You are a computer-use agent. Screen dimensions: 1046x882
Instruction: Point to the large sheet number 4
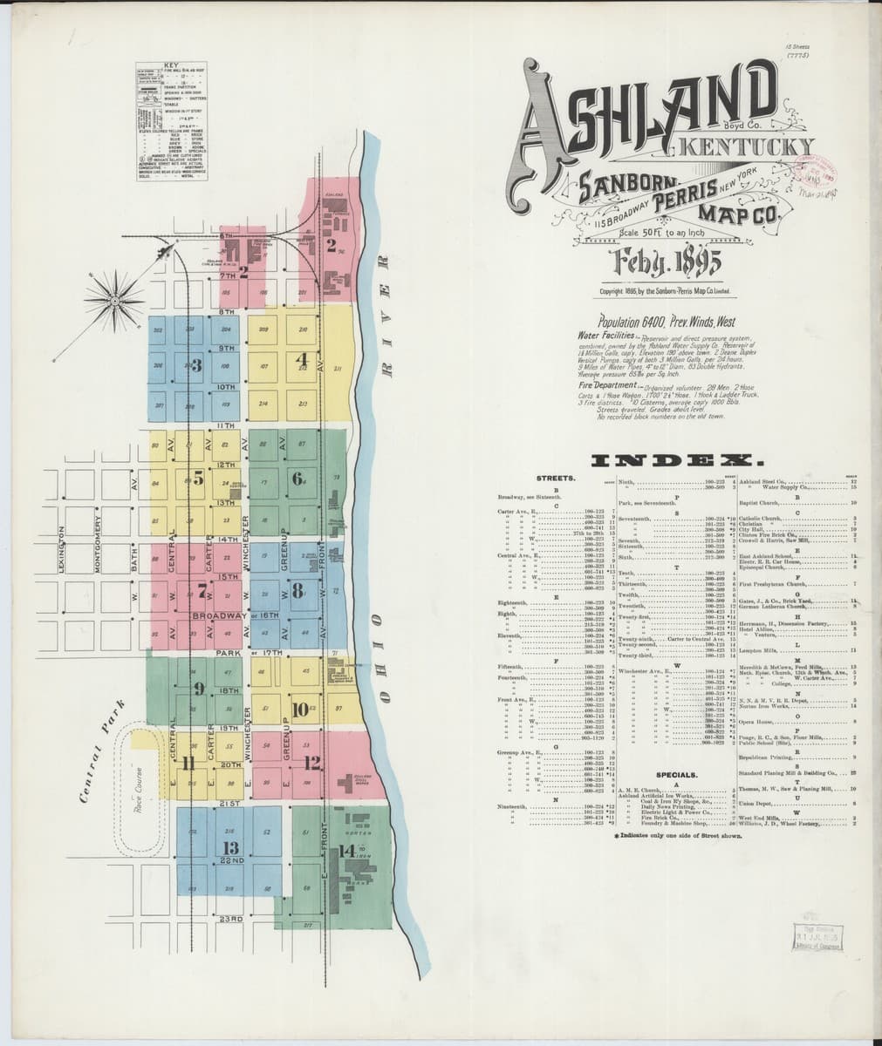click(x=303, y=358)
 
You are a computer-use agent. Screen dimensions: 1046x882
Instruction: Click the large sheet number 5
click(x=198, y=478)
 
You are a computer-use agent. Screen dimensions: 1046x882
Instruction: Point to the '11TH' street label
click(x=227, y=425)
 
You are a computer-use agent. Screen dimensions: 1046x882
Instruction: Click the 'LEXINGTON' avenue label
click(x=62, y=548)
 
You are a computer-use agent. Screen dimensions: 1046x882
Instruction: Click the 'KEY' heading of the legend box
click(x=171, y=66)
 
